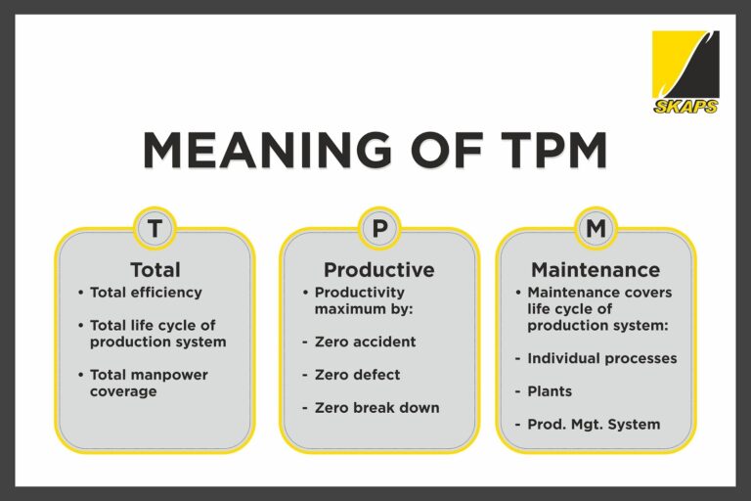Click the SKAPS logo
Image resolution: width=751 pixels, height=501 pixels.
[x=685, y=71]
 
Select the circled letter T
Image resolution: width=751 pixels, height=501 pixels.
[x=155, y=229]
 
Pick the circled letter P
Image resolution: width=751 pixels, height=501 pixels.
[x=378, y=229]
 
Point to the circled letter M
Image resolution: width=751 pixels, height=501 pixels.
[x=596, y=229]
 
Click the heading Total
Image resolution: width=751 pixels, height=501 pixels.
[x=155, y=269]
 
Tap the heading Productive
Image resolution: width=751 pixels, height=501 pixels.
[x=378, y=269]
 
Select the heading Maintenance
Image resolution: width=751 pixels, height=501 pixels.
[x=595, y=269]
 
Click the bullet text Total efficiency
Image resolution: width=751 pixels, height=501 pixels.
[x=146, y=293]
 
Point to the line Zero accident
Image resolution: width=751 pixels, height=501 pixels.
[x=365, y=342]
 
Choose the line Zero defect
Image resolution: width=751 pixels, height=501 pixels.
[x=357, y=375]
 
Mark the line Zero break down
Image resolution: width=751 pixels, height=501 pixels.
[x=376, y=407]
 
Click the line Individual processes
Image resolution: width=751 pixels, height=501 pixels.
[x=601, y=358]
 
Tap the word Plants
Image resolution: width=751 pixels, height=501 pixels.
[x=550, y=391]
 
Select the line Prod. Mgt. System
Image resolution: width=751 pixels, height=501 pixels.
[x=594, y=424]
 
